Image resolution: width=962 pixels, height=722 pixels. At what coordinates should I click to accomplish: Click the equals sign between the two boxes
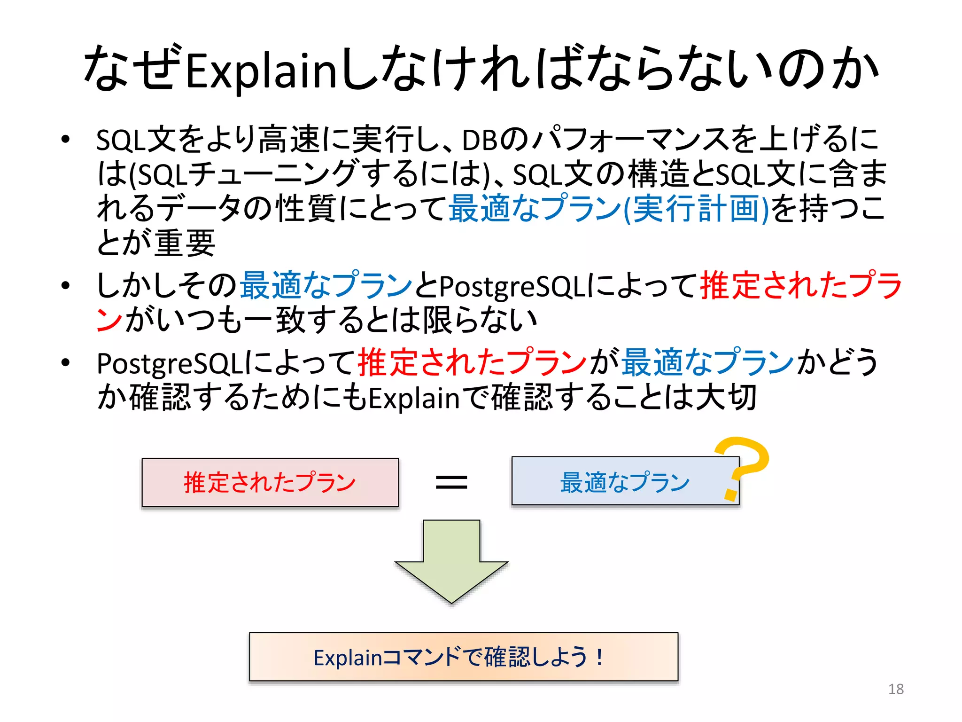pos(451,482)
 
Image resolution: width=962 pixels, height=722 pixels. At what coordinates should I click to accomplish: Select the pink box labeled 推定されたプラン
pos(270,482)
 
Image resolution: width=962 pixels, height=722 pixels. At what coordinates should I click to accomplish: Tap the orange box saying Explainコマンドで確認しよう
pos(463,657)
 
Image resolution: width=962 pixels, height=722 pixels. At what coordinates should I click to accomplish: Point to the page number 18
pos(896,689)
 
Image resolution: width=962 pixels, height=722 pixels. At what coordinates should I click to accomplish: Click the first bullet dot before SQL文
pos(65,140)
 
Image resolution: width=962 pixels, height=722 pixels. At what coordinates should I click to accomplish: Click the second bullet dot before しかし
pos(65,285)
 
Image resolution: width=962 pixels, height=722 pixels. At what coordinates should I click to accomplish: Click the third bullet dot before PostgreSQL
pos(65,362)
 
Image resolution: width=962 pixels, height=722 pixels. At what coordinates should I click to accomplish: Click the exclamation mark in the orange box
pos(599,657)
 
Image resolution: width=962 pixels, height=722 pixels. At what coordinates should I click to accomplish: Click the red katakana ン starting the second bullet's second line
pos(109,320)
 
